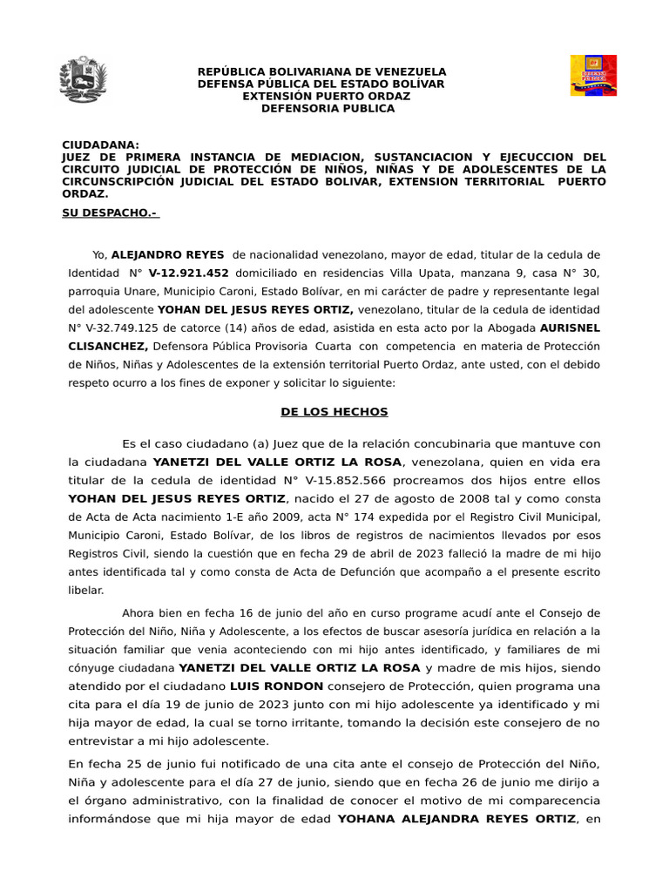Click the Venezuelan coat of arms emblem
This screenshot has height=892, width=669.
(x=83, y=80)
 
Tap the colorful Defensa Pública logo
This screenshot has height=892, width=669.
(x=593, y=76)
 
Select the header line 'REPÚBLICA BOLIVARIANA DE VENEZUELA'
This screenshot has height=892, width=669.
(x=322, y=71)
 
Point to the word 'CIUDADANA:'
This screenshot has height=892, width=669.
(x=100, y=145)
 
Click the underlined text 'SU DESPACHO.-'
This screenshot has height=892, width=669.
(x=111, y=213)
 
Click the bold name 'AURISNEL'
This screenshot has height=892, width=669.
(x=571, y=328)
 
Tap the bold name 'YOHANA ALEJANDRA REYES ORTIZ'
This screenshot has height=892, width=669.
(x=456, y=819)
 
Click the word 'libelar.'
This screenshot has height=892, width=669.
(x=85, y=590)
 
